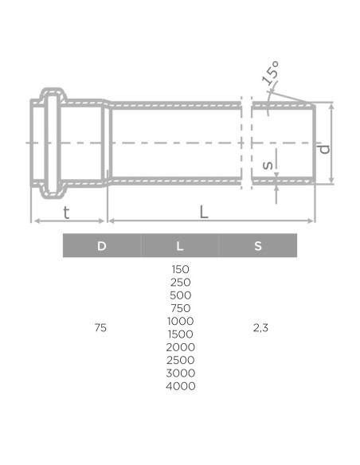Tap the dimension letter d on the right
tap(323, 148)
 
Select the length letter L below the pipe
tap(205, 212)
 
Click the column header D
tap(101, 246)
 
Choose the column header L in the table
tap(180, 246)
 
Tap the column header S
tap(258, 246)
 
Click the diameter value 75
tap(100, 327)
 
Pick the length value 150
tap(180, 269)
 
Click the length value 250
tap(180, 282)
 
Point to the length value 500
tap(180, 295)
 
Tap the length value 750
tap(180, 308)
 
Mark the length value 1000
tap(180, 321)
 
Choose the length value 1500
tap(180, 334)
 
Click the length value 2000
tap(180, 347)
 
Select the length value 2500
tap(180, 360)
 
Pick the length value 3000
tap(180, 373)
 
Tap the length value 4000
tap(180, 386)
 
